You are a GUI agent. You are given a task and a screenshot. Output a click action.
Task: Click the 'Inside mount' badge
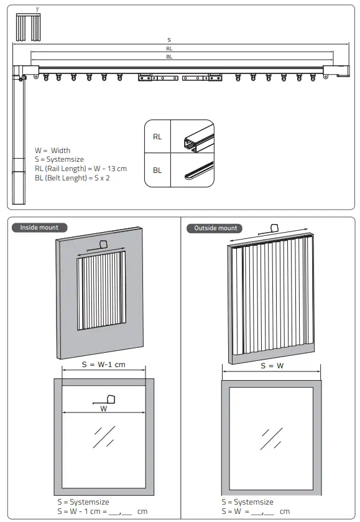click(x=39, y=228)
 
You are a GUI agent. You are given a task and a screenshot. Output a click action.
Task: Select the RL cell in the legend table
click(x=157, y=137)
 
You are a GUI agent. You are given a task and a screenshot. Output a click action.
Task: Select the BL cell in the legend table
click(x=157, y=170)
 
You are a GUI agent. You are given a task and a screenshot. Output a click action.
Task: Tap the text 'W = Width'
click(x=53, y=151)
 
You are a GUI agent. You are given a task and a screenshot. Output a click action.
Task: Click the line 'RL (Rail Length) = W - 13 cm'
click(x=81, y=169)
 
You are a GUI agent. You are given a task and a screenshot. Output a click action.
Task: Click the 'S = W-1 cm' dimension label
click(x=103, y=365)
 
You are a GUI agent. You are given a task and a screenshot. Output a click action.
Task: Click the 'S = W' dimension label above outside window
click(x=271, y=366)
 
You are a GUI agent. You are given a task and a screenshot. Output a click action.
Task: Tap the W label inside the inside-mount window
click(x=103, y=409)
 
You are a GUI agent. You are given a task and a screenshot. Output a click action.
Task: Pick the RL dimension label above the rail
click(x=169, y=49)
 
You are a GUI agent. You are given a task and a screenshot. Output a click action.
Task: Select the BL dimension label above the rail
click(x=169, y=57)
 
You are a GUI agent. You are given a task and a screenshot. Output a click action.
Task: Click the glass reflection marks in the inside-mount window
click(x=103, y=437)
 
